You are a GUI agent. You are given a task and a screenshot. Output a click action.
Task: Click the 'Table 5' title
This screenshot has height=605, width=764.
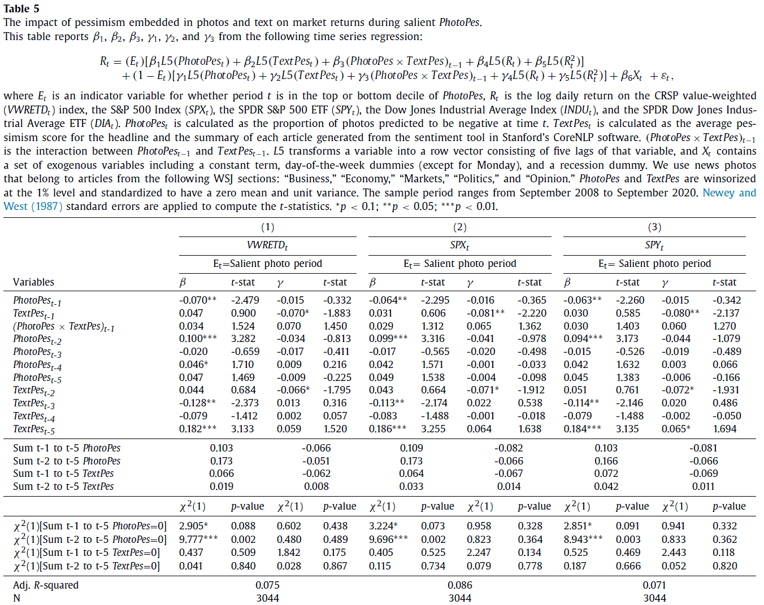(x=21, y=8)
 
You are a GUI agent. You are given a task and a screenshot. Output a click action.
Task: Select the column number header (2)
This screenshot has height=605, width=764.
(x=459, y=227)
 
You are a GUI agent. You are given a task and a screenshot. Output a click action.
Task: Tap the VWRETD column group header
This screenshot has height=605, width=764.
(x=267, y=245)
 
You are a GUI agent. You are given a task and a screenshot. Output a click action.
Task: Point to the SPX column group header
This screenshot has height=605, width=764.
(x=459, y=245)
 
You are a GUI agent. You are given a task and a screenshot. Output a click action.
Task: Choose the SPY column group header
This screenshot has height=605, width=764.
(x=654, y=245)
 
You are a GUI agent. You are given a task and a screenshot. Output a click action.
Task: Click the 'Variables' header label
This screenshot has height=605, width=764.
(x=33, y=282)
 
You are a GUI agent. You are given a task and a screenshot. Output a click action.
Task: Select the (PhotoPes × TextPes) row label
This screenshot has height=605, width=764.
(x=63, y=327)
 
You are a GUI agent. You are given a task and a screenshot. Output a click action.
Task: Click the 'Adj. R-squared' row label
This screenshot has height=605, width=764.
(x=46, y=585)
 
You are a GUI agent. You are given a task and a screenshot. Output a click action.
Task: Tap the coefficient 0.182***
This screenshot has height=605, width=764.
(x=197, y=429)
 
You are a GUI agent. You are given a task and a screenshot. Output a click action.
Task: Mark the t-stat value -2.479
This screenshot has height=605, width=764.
(x=245, y=300)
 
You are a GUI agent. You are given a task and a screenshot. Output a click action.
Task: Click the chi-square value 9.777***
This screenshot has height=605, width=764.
(x=198, y=540)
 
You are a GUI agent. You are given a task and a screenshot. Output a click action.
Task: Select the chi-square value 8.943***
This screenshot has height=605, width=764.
(x=583, y=540)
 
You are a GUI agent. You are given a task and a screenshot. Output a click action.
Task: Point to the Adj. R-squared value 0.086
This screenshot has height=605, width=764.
(x=459, y=585)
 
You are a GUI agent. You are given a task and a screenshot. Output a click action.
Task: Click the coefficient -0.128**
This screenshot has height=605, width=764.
(x=197, y=403)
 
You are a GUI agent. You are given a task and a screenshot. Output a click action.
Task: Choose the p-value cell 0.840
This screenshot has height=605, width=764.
(x=243, y=566)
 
